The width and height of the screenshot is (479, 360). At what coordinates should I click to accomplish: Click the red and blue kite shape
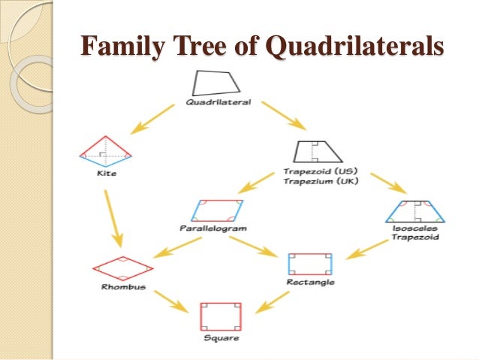click(105, 152)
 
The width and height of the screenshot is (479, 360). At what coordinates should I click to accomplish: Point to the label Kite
click(108, 174)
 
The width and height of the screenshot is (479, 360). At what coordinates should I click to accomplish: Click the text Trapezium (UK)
click(315, 180)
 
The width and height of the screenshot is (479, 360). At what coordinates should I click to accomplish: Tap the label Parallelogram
click(212, 227)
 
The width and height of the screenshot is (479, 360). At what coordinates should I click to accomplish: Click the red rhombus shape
click(122, 268)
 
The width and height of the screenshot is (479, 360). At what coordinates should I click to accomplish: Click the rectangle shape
click(310, 264)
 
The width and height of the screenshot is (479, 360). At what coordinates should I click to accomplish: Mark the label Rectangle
click(310, 283)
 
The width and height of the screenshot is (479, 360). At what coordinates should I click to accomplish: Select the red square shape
click(220, 316)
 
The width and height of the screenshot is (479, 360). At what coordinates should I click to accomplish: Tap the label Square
click(221, 338)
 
